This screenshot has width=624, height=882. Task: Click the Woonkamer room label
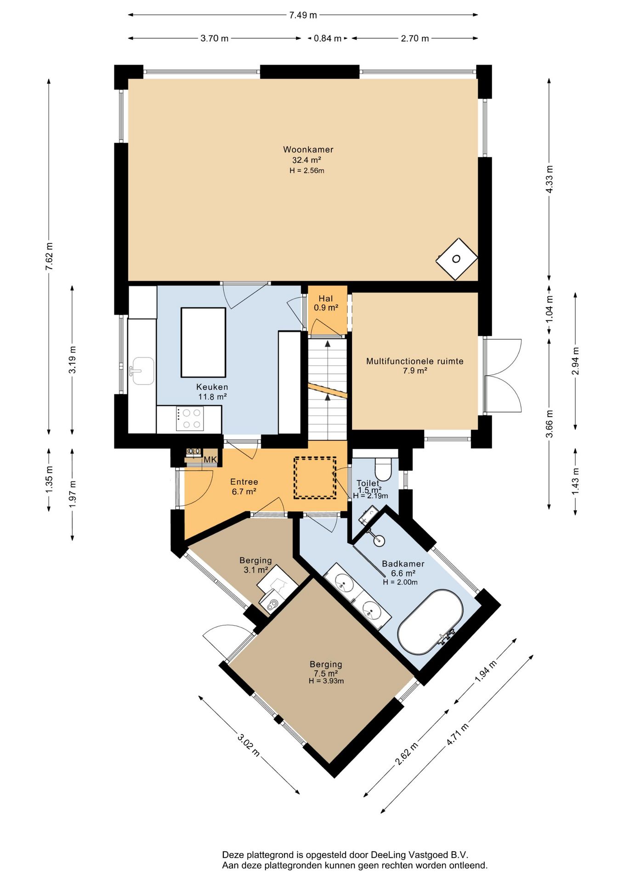point(308,149)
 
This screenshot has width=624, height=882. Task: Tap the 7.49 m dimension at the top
point(303,15)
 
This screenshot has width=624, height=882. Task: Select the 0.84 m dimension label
point(327,39)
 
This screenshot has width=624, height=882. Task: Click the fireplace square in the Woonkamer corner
point(456,259)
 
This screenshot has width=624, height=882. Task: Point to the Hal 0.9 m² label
point(326,303)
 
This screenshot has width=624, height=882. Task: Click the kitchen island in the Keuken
point(203,342)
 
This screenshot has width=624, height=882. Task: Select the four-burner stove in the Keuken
point(190,418)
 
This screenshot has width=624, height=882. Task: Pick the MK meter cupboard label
point(210,460)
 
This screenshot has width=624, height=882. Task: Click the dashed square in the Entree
point(315,477)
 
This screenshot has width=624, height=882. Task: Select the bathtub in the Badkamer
point(430,622)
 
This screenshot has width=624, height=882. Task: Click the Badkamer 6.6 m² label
point(403,568)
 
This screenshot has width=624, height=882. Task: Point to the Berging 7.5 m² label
point(326,669)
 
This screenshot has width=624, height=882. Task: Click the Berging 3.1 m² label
point(255,565)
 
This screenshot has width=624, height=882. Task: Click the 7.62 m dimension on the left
point(49,256)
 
